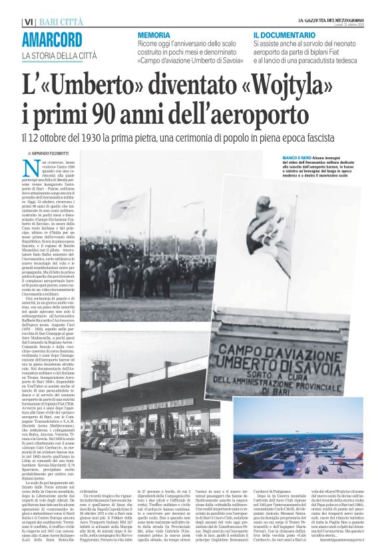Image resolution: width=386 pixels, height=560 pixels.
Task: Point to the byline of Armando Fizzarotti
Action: (x=49, y=152)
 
